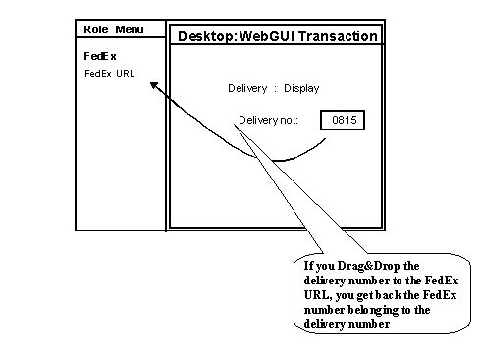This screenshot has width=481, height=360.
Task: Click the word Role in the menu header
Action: coord(96,30)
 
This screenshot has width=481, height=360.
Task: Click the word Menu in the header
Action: coord(130,30)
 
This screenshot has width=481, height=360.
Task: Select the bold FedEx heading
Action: coord(100,56)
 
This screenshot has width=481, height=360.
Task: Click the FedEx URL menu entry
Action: coord(109,73)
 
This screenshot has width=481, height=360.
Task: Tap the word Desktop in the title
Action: coord(203,36)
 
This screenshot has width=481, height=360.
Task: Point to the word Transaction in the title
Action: coord(340,36)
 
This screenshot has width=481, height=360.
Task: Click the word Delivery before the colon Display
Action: coord(247,89)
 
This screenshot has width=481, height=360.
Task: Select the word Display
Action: coord(301,89)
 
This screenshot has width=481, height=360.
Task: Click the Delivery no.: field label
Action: coord(268,122)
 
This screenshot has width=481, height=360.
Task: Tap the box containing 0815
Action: coord(343,122)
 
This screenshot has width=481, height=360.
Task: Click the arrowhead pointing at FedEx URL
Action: coord(154,85)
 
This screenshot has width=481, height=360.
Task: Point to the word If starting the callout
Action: coord(308,266)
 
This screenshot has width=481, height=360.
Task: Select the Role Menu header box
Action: coord(120,30)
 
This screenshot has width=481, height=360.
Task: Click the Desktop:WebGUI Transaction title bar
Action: coord(275,36)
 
